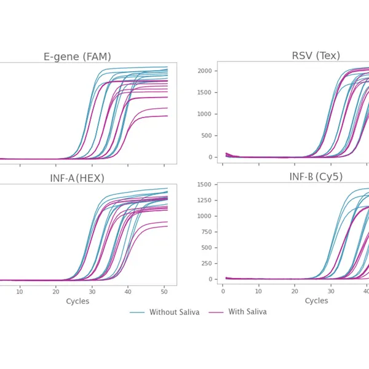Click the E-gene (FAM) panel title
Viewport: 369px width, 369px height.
77,57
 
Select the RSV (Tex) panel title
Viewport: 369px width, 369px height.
315,56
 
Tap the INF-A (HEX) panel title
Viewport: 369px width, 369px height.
77,178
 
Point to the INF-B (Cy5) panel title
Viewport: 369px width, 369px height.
316,177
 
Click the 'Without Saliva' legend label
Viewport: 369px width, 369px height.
174,312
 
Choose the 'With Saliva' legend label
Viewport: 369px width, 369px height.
247,312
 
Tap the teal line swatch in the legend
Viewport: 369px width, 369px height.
137,312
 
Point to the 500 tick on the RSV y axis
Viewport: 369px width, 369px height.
206,136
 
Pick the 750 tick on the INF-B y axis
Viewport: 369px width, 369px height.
206,232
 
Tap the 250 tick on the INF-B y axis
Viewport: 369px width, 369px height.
206,264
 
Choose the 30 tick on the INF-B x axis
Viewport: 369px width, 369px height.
331,290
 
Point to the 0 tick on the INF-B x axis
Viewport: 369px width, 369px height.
223,290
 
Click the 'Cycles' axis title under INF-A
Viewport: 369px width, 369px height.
77,301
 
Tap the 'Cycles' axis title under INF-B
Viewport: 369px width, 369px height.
316,301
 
